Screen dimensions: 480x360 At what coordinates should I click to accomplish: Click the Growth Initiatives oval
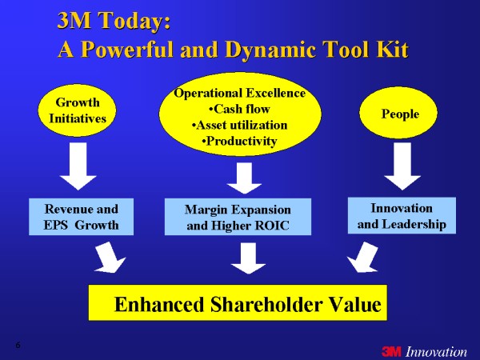coord(77,110)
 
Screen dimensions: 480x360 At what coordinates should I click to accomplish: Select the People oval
coord(398,113)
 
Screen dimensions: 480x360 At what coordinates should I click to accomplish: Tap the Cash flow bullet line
coord(239,109)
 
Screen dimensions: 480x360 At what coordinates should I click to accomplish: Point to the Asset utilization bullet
coord(239,126)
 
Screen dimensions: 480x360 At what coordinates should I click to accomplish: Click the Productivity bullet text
coord(239,141)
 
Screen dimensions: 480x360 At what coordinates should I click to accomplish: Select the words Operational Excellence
coord(239,93)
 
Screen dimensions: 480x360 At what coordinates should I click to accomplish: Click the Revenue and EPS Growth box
coord(81,217)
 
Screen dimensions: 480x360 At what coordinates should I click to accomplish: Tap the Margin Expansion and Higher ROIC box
coord(238,217)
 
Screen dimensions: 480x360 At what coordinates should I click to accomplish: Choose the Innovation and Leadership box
coord(402,215)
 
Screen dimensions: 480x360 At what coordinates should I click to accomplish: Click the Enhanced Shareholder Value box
coord(238,302)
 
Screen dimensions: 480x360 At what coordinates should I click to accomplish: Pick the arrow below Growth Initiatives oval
coord(78,166)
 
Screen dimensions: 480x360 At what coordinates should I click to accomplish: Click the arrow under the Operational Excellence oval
coord(244,178)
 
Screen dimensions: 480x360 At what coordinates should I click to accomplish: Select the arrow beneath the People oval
coord(402,166)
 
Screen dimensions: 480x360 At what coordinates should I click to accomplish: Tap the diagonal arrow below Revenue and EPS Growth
coord(110,258)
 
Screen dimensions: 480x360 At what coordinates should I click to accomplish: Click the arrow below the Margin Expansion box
coord(248,258)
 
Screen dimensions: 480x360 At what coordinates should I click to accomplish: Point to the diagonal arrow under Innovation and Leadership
coord(363,258)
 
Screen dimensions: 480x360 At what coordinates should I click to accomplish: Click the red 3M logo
coord(391,351)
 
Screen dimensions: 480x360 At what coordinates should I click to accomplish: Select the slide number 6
coord(18,346)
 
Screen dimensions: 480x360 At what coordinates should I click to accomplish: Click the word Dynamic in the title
coord(270,50)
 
